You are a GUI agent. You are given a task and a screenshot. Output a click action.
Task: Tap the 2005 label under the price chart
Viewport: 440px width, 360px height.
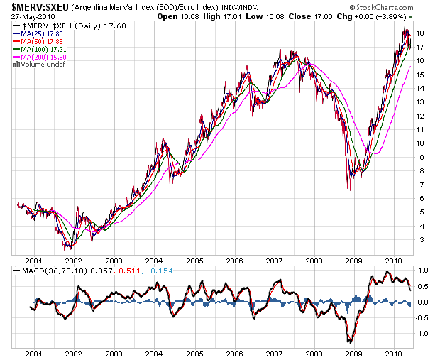pos(195,261)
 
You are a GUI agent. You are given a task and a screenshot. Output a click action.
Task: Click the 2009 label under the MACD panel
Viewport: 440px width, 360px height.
pos(353,353)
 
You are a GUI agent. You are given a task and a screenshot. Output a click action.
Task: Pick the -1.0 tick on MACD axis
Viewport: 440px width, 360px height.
pos(422,334)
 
